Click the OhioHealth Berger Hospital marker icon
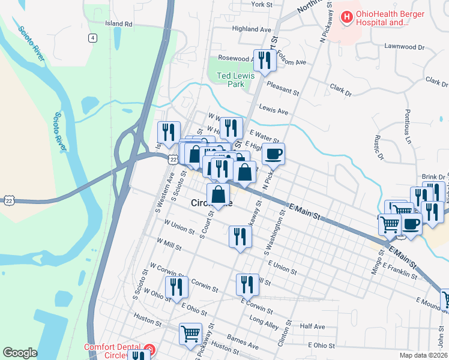click(346, 17)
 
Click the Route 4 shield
click(92, 38)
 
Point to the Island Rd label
click(118, 24)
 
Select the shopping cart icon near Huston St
click(191, 333)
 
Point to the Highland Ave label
click(252, 28)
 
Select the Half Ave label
click(312, 326)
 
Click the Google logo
click(20, 353)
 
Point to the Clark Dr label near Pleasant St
click(340, 90)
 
